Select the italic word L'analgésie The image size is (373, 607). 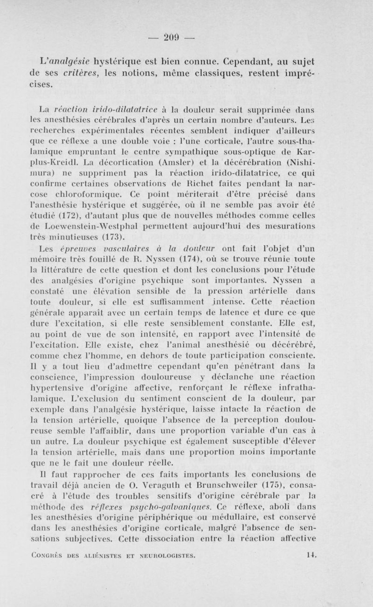(x=58, y=61)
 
